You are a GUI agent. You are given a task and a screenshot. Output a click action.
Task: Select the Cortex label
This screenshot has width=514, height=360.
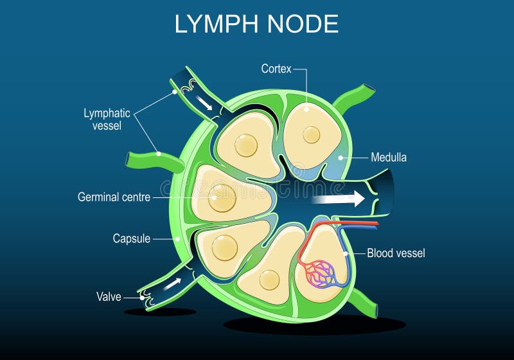tap(276, 68)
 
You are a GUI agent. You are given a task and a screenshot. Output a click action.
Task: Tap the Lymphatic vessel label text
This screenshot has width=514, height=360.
tap(107, 120)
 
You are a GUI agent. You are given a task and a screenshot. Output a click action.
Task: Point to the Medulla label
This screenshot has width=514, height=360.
tap(388, 157)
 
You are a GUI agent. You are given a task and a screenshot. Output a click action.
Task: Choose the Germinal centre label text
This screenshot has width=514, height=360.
tap(114, 197)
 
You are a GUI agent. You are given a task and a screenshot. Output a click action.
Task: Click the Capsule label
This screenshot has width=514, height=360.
tap(131, 239)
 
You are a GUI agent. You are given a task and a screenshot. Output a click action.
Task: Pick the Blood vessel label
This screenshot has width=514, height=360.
tap(396, 253)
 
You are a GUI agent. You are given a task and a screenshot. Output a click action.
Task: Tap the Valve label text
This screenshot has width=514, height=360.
tap(109, 296)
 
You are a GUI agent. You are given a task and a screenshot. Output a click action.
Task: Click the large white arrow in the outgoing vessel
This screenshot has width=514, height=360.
tap(337, 200)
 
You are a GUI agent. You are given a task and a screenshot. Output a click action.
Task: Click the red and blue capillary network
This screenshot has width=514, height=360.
tap(319, 272)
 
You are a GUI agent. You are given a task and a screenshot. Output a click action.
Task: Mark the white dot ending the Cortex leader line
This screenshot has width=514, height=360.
tap(306, 109)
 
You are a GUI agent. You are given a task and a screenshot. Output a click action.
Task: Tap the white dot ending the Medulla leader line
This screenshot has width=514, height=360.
tap(339, 157)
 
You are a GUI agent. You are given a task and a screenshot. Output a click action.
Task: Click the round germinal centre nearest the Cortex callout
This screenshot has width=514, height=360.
tap(312, 134)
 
